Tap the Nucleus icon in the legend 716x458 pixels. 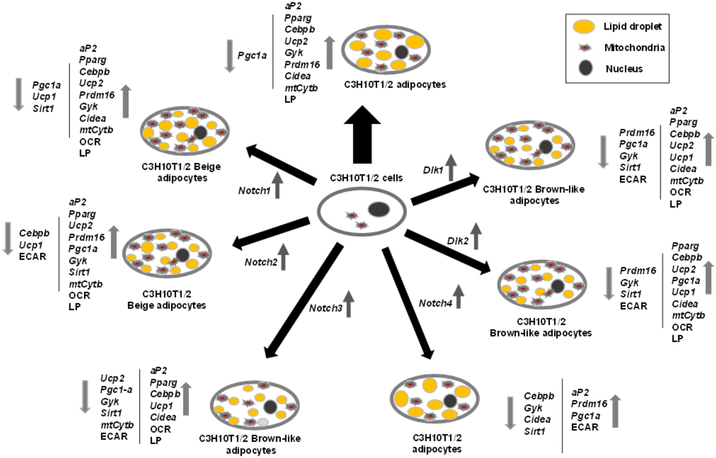click(585, 68)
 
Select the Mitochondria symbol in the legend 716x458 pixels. click(584, 48)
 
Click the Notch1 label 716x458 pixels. click(254, 191)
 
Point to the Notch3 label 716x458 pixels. click(325, 308)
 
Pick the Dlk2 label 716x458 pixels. click(458, 241)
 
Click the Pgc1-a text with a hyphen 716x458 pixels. click(116, 390)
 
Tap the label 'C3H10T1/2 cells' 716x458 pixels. click(366, 178)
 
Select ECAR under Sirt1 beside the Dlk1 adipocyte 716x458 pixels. click(633, 179)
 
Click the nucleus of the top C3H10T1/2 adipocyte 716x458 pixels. click(402, 52)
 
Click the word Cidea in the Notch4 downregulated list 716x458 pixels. click(537, 419)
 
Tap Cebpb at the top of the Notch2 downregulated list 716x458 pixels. click(34, 233)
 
